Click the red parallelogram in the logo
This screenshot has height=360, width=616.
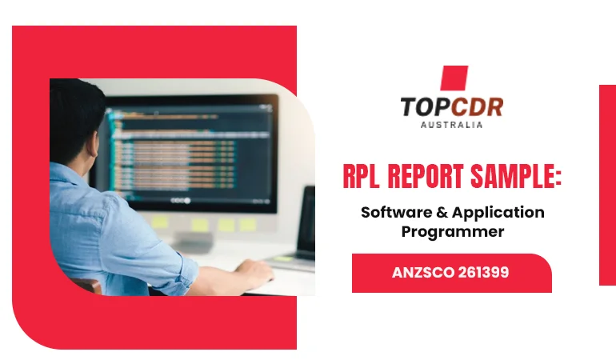(x=454, y=78)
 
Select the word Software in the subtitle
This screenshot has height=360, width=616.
(x=395, y=213)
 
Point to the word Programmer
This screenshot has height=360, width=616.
(x=453, y=231)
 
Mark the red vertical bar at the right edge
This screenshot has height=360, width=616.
(x=607, y=184)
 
